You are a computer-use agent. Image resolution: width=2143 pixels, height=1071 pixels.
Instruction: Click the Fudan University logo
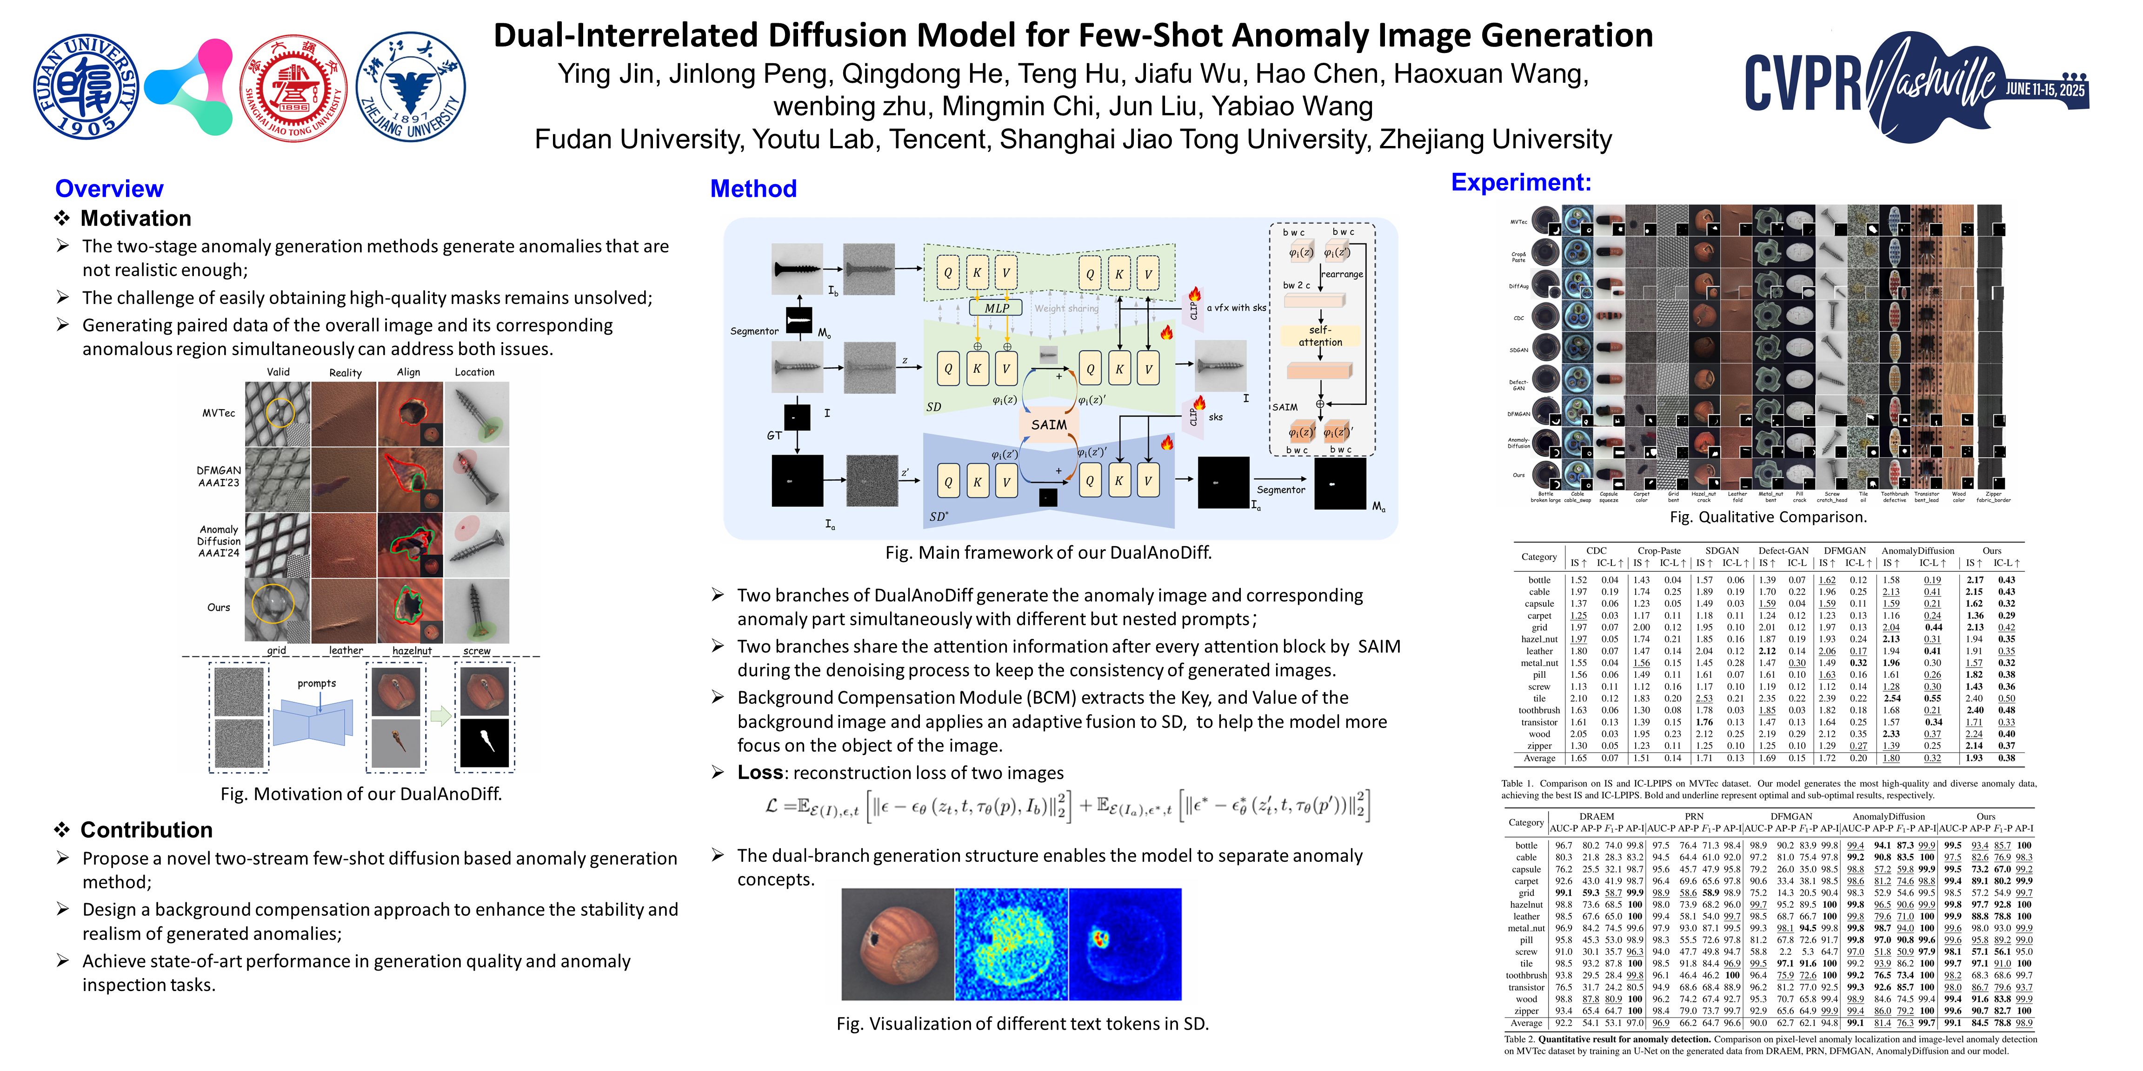pos(86,86)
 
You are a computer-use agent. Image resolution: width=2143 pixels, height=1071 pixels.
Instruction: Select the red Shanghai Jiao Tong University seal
pos(293,86)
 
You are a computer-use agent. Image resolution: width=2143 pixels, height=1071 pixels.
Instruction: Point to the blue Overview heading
pos(109,189)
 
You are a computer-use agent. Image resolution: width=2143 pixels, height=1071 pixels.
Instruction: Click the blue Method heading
pos(753,189)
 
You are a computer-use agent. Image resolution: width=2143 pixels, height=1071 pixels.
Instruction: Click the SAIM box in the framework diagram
pos(1048,425)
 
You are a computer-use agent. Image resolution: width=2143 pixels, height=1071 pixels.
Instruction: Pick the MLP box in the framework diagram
pos(997,308)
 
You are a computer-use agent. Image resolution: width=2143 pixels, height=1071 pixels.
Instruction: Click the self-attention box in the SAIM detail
pos(1320,336)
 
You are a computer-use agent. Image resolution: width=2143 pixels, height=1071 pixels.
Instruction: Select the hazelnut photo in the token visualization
pos(898,944)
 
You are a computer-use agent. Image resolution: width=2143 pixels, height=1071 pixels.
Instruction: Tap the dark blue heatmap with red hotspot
pos(1125,944)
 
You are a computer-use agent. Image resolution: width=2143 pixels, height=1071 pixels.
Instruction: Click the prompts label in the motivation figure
pos(316,683)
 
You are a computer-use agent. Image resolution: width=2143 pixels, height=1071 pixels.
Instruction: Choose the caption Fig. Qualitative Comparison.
pos(1768,517)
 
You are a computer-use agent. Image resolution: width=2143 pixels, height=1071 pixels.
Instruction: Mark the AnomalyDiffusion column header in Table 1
pos(1917,550)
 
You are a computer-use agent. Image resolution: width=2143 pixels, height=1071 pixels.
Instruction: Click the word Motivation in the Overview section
pos(136,218)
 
